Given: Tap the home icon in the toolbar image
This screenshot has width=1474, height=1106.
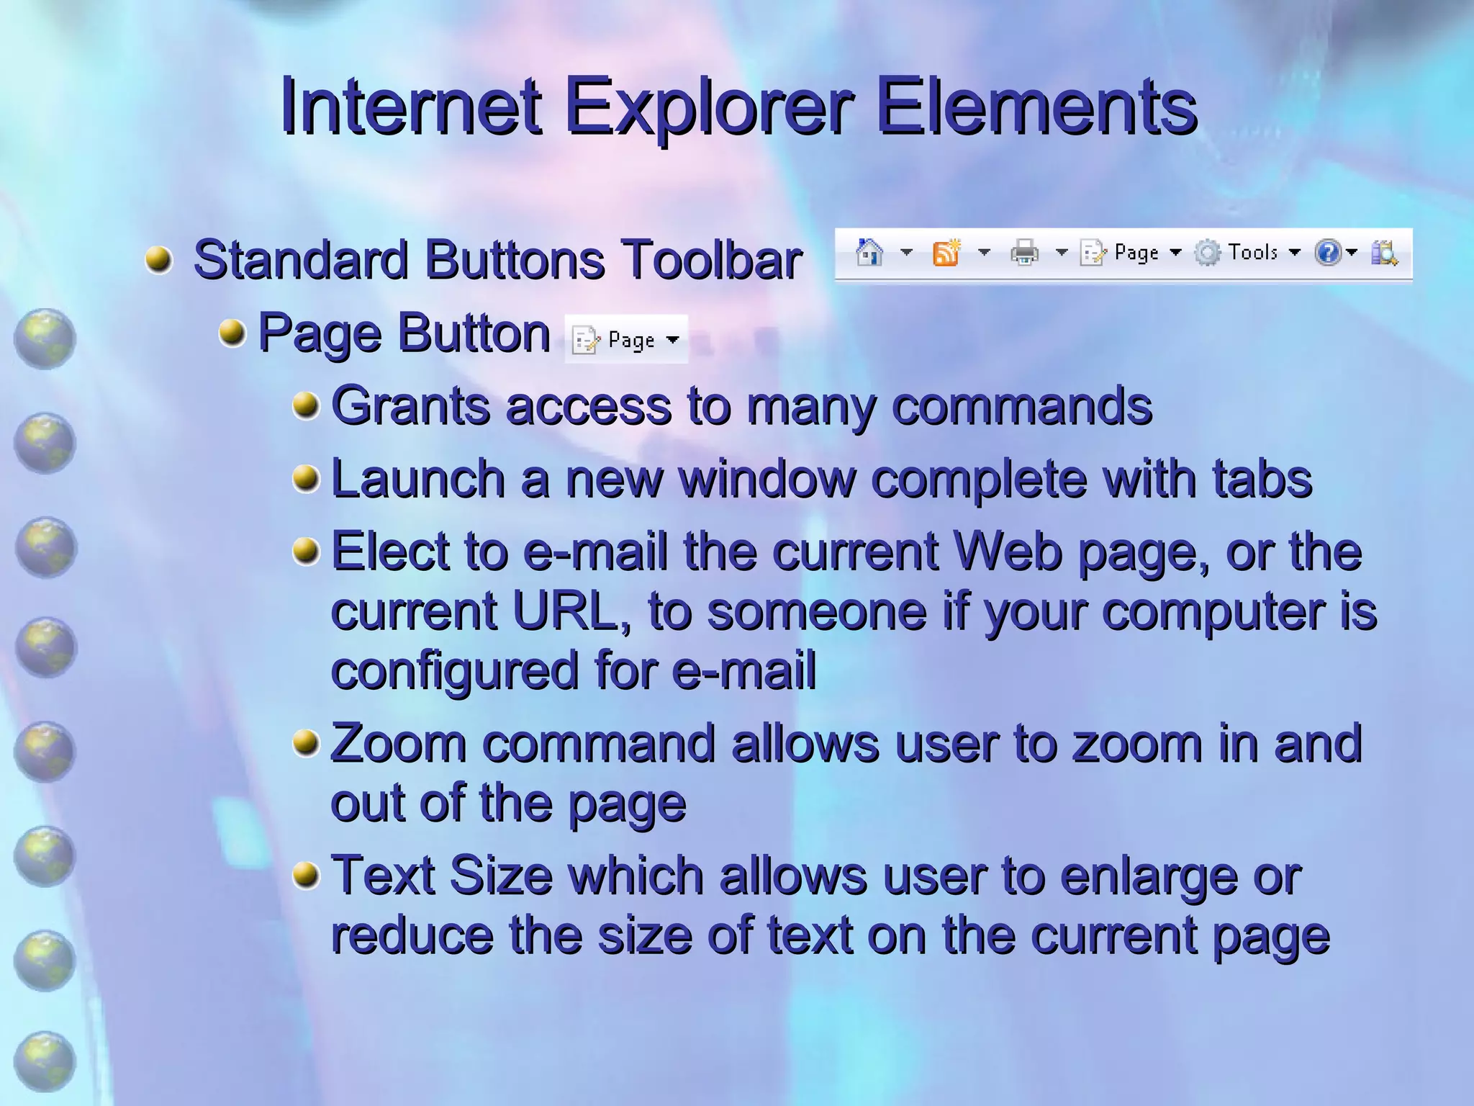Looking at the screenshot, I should pos(869,253).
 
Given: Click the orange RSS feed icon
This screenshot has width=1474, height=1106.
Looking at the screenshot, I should pos(946,253).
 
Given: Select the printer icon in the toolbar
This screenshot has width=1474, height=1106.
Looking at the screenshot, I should pos(1024,253).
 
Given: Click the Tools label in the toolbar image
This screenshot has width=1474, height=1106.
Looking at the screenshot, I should pos(1252,252).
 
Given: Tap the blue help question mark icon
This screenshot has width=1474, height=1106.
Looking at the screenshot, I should pos(1327,253).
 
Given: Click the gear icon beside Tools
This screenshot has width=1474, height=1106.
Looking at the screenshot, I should pos(1208,253).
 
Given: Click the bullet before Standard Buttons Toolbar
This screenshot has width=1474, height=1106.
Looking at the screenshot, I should pos(158,259).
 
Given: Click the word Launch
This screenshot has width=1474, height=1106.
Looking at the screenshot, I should pos(417,479).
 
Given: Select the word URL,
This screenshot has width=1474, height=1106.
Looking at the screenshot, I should pos(572,611).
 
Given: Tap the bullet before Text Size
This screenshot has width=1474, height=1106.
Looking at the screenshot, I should pos(306,875).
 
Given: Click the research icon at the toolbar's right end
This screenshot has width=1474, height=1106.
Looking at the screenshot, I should pos(1383,253).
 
